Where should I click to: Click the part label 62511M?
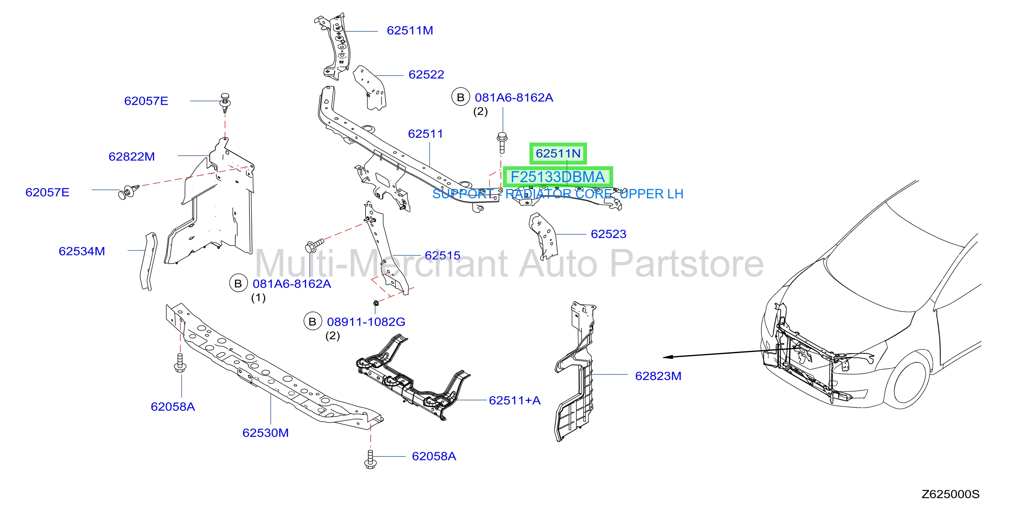point(410,30)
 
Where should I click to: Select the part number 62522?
point(426,74)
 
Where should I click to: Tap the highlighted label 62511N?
point(558,154)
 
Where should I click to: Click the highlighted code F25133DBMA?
point(558,177)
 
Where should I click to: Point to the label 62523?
point(608,234)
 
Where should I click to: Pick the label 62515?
point(442,255)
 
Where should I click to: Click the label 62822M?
point(132,157)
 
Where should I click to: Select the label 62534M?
point(82,251)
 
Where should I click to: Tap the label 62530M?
point(266,433)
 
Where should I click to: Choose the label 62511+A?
point(515,400)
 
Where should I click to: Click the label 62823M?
point(658,376)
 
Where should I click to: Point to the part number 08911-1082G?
point(366,322)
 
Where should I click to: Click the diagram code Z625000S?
point(950,494)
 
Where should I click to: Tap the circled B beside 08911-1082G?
point(312,322)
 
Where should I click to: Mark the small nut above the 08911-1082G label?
point(376,303)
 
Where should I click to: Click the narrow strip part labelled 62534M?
point(147,261)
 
